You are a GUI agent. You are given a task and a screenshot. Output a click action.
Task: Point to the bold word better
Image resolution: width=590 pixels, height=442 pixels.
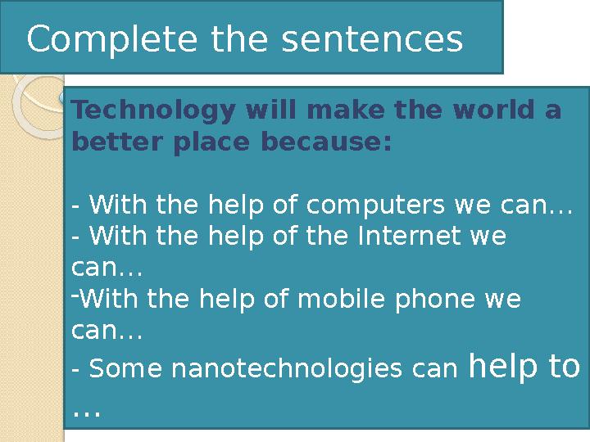(x=111, y=142)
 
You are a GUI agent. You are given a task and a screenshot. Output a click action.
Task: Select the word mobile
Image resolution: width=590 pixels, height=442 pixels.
(x=333, y=299)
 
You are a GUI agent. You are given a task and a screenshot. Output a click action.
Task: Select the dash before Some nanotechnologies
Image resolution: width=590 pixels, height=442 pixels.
(x=76, y=371)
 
